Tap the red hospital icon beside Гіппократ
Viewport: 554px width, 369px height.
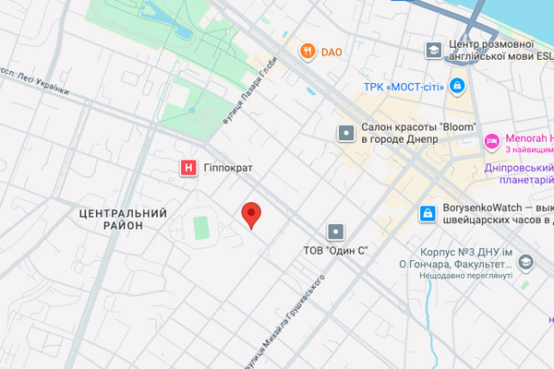[188, 168]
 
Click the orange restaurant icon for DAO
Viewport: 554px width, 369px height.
[307, 52]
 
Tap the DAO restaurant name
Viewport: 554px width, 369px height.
[331, 53]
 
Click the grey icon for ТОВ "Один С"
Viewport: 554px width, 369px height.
[336, 231]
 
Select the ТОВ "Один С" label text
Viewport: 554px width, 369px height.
[336, 250]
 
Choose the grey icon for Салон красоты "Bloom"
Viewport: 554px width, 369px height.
[345, 133]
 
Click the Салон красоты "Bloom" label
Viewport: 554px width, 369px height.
[417, 133]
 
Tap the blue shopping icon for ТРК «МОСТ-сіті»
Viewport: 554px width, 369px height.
[456, 88]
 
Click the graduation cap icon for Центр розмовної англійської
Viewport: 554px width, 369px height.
[432, 49]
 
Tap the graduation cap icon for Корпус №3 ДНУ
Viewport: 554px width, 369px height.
[525, 263]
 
